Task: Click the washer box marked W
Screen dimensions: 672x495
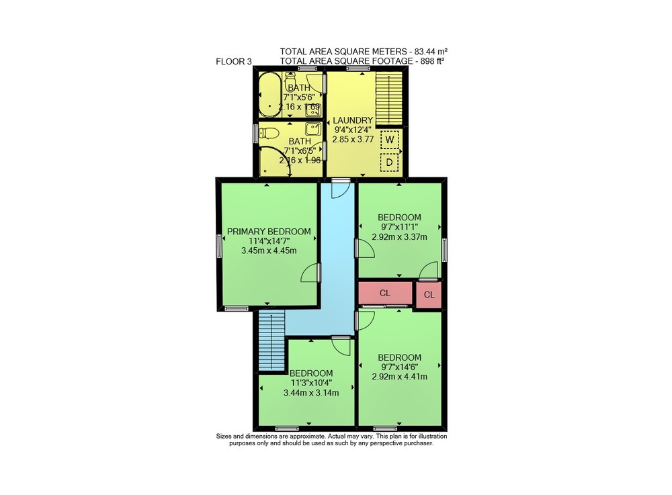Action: coord(390,140)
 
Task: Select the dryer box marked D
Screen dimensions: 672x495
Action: coord(390,163)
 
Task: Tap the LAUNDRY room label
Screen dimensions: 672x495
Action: coord(353,120)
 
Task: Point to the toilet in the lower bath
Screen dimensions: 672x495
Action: coord(269,134)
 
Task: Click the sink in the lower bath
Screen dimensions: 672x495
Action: coord(313,128)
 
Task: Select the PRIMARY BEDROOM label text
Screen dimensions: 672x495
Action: coord(269,232)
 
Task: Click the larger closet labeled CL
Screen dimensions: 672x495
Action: coord(385,293)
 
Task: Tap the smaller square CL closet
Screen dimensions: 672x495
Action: coord(429,295)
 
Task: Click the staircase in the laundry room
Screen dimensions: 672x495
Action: coord(389,98)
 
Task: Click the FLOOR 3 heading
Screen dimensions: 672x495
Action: coord(234,62)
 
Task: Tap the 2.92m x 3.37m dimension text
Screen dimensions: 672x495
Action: coord(399,237)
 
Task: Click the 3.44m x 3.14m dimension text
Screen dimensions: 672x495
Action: coord(311,393)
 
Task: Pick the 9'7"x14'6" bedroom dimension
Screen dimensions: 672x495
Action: coord(399,367)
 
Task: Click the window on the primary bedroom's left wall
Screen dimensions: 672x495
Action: coord(218,246)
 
